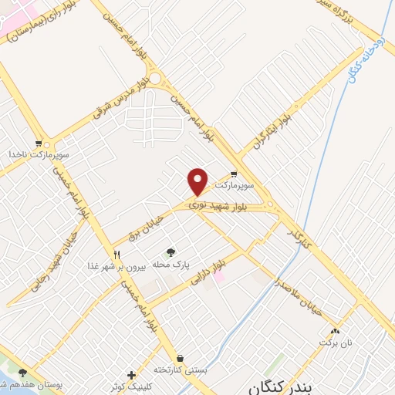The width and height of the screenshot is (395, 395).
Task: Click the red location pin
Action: pyautogui.click(x=198, y=181)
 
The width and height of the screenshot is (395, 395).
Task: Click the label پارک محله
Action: pyautogui.click(x=170, y=265)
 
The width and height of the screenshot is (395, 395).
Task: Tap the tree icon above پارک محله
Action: pyautogui.click(x=170, y=252)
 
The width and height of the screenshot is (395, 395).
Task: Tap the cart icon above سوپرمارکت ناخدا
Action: pyautogui.click(x=39, y=143)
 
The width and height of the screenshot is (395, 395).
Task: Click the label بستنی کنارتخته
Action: pyautogui.click(x=181, y=370)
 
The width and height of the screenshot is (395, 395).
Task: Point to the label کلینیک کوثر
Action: pyautogui.click(x=131, y=386)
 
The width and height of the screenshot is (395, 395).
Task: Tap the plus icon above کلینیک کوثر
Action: pyautogui.click(x=131, y=374)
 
